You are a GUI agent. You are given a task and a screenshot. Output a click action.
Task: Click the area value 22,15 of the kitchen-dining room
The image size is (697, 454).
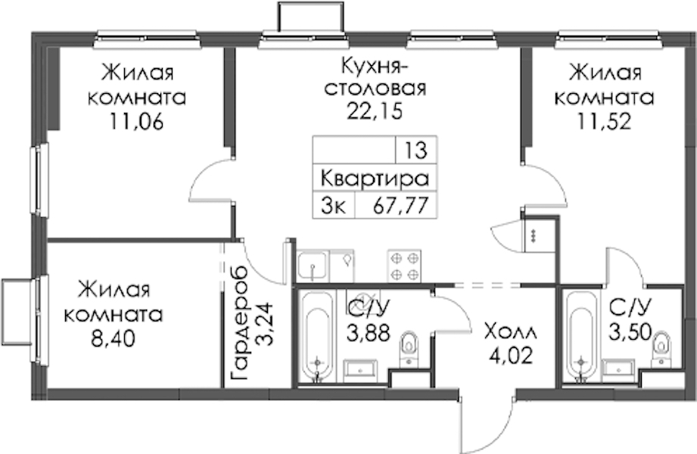tap(375, 111)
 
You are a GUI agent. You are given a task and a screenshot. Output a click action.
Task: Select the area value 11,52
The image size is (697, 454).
tap(604, 121)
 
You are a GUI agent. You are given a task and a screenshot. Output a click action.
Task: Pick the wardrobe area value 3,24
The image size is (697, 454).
tap(266, 324)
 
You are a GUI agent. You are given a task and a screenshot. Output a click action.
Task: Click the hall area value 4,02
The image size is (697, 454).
tap(511, 356)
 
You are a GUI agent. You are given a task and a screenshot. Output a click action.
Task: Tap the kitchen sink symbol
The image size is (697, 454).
tap(313, 266)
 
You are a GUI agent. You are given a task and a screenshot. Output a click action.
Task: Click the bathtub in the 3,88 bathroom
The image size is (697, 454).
tap(317, 336)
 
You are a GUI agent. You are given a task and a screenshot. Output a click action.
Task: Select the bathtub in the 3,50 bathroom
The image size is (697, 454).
tap(581, 336)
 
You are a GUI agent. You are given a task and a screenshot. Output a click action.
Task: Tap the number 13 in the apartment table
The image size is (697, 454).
tap(416, 151)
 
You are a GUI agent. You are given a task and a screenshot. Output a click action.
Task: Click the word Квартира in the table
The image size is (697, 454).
tap(375, 179)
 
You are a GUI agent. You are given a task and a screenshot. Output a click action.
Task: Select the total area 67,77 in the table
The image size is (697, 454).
tap(401, 205)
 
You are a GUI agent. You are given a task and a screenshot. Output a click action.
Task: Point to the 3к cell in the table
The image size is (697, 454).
tap(333, 206)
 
